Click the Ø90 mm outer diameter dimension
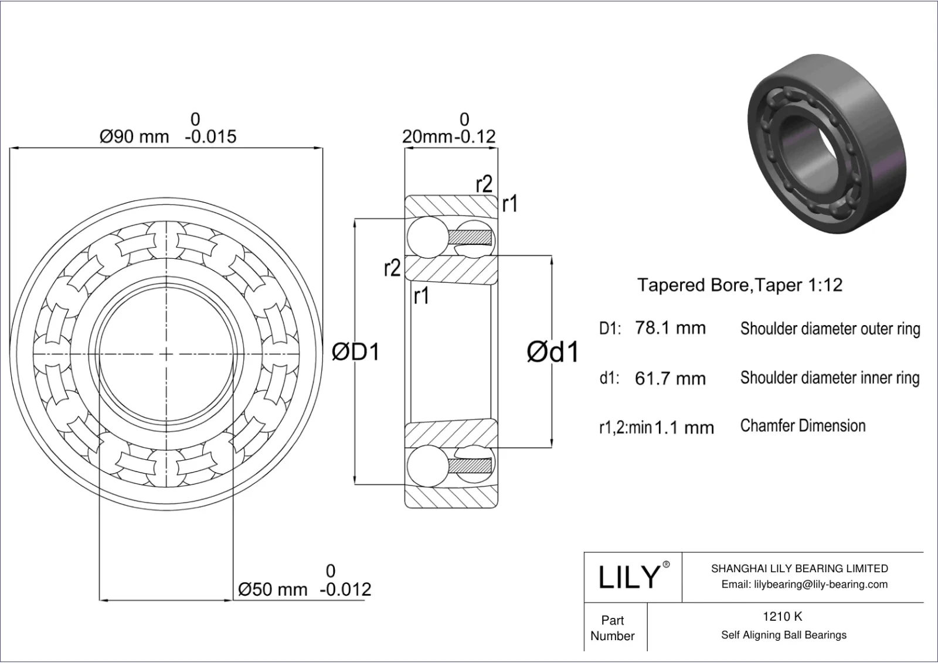[x=134, y=137]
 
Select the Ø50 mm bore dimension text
[x=273, y=589]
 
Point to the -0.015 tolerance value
[x=210, y=137]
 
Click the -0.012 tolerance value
[x=345, y=589]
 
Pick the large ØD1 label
[x=356, y=352]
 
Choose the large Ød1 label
[x=552, y=352]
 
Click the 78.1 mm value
[x=670, y=328]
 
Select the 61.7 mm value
[x=670, y=378]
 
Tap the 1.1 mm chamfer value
[x=684, y=428]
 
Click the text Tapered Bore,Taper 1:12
[x=740, y=285]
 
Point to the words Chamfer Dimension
[x=803, y=426]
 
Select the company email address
[x=804, y=584]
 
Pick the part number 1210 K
[x=782, y=616]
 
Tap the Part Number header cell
[x=613, y=628]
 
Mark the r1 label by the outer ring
[x=509, y=204]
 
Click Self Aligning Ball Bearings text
[x=784, y=635]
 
